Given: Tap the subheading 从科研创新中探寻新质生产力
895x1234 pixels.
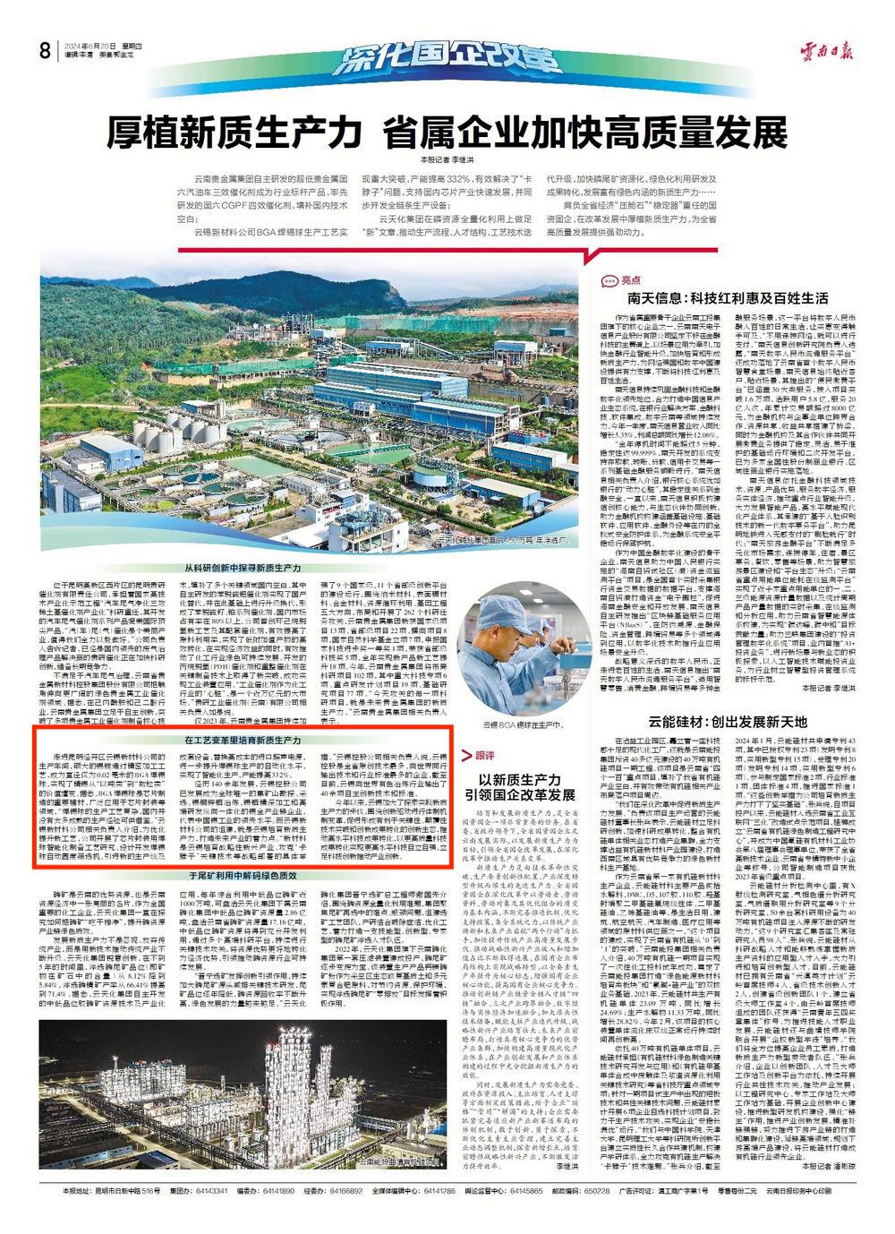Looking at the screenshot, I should [243, 569].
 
